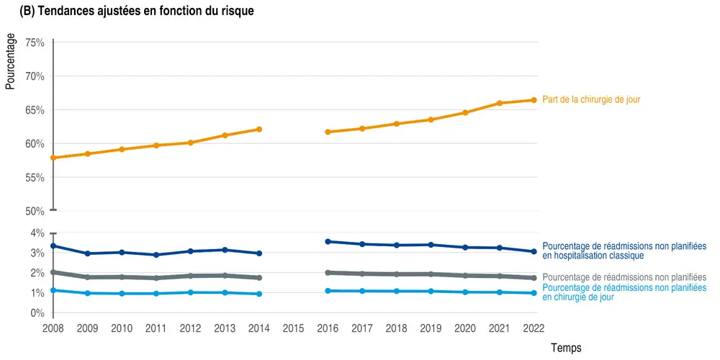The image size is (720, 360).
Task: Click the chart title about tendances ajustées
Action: (137, 12)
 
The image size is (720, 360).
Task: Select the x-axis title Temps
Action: (566, 348)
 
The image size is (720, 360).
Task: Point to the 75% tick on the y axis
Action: (35, 42)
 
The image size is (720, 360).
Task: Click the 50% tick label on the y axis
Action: (35, 212)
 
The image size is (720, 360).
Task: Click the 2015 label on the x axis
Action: (293, 329)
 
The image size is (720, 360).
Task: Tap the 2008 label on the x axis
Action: (53, 329)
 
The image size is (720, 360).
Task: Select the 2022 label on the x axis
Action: (534, 329)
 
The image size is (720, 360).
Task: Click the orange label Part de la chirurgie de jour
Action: (591, 100)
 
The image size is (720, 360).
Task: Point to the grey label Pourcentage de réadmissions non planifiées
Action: (624, 277)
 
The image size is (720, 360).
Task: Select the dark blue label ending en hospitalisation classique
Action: (624, 251)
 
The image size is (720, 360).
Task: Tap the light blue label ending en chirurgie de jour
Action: (624, 292)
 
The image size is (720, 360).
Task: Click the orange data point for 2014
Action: (258, 130)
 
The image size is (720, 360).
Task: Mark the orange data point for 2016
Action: (328, 132)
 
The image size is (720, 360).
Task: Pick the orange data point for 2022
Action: (534, 100)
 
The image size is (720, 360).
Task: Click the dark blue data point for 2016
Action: (328, 242)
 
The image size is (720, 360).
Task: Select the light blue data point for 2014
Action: (258, 294)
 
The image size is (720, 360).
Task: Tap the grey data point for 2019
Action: (431, 274)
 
